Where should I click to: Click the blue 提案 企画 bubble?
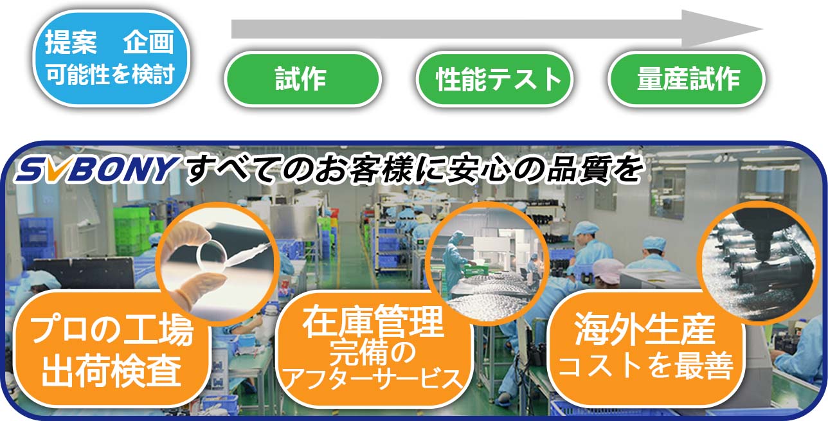click(x=111, y=58)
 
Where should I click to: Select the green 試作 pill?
click(x=303, y=78)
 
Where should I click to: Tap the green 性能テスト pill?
click(x=494, y=78)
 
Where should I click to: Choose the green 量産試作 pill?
click(x=687, y=78)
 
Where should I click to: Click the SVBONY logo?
click(x=97, y=169)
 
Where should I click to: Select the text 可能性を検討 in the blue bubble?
click(x=110, y=75)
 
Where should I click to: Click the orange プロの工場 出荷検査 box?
click(x=111, y=349)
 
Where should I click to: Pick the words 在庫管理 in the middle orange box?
click(x=373, y=322)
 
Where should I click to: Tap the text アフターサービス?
click(x=374, y=379)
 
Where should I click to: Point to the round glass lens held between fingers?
click(x=212, y=255)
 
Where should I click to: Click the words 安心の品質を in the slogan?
click(x=544, y=170)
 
